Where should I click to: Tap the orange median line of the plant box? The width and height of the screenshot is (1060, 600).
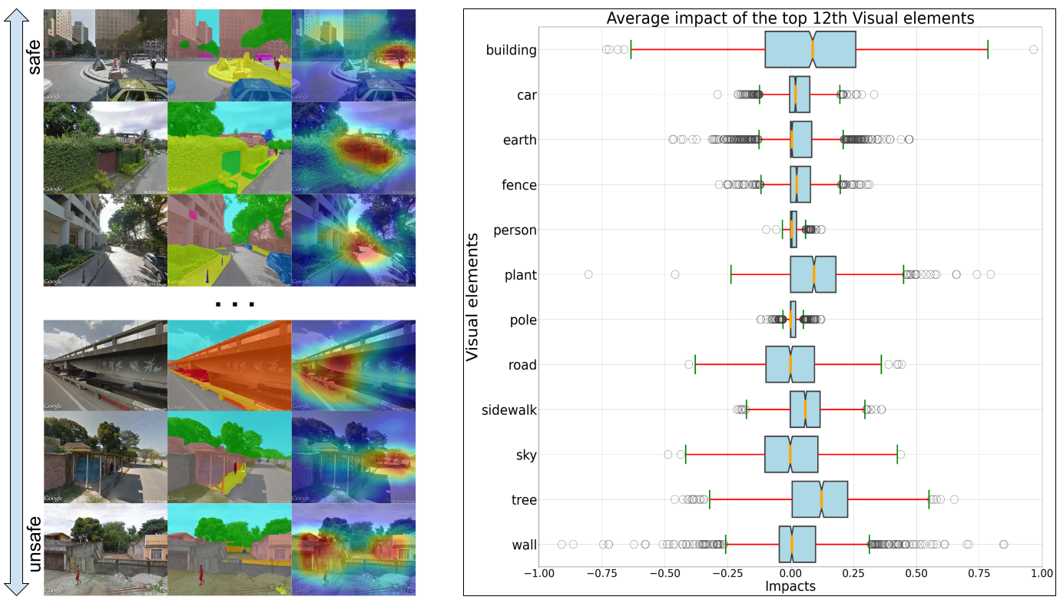tap(813, 275)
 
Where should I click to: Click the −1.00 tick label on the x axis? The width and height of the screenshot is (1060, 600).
tap(538, 573)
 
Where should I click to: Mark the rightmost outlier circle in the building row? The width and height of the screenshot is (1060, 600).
tap(1033, 50)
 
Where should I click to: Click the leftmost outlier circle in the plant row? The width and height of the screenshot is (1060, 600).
tap(588, 274)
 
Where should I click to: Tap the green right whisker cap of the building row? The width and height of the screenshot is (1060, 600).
tap(988, 50)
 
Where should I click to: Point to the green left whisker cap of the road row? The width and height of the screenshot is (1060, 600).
tap(695, 364)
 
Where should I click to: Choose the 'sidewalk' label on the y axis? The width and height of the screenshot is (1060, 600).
tap(509, 409)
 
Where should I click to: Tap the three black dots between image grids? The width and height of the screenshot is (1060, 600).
tap(234, 304)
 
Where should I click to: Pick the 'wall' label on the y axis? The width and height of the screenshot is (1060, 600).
tap(524, 545)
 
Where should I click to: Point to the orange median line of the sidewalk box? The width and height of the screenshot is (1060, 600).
tap(805, 409)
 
